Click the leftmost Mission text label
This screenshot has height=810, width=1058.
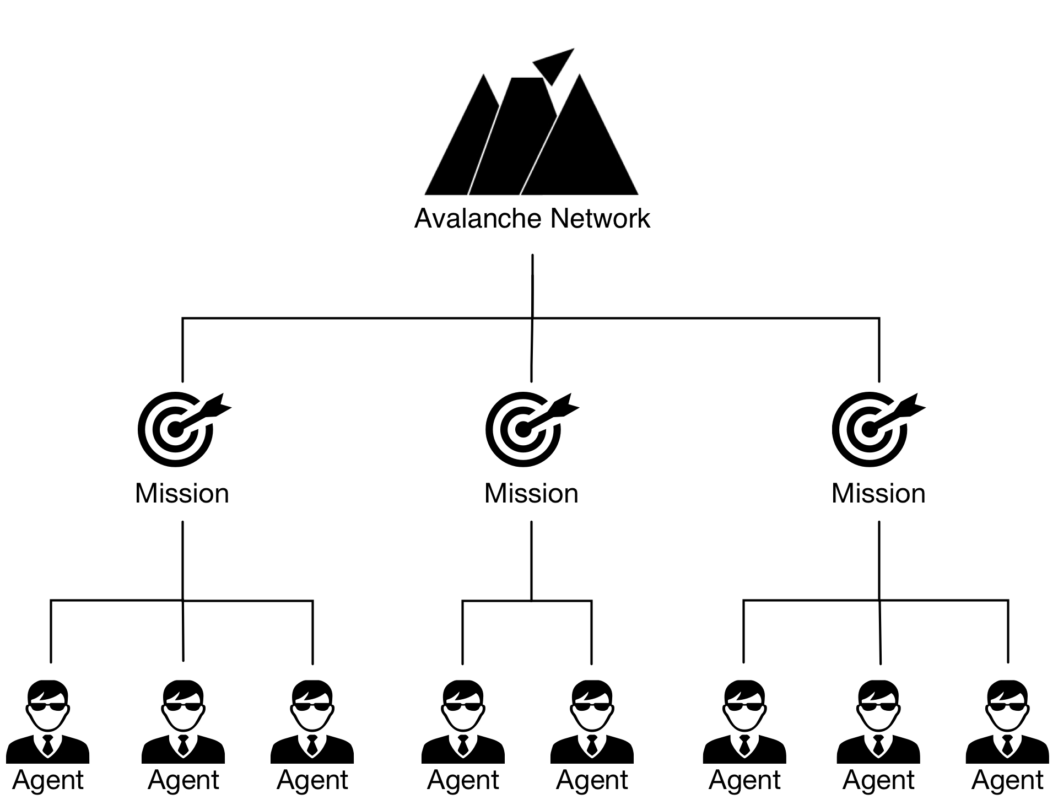pyautogui.click(x=182, y=494)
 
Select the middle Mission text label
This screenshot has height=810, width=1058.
pyautogui.click(x=531, y=494)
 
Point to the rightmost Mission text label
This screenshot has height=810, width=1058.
pyautogui.click(x=878, y=494)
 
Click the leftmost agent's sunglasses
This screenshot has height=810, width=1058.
pyautogui.click(x=48, y=707)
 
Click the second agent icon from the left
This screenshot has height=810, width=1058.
pyautogui.click(x=183, y=722)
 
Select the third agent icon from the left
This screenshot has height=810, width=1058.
pyautogui.click(x=312, y=722)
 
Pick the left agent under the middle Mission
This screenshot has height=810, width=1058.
pyautogui.click(x=463, y=722)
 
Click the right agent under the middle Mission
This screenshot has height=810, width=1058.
pyautogui.click(x=592, y=722)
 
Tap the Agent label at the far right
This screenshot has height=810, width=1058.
pyautogui.click(x=1007, y=780)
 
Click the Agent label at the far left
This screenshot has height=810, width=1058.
pyautogui.click(x=48, y=780)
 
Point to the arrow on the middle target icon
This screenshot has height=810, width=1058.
pyautogui.click(x=557, y=411)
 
